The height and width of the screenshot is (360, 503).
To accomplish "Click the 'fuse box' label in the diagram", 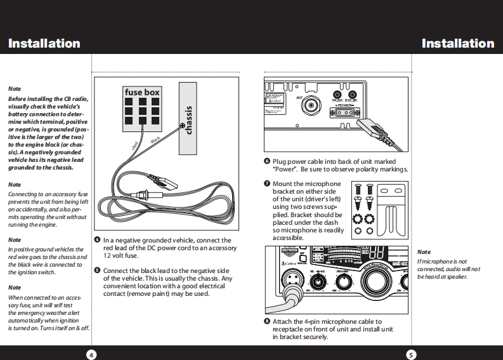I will pyautogui.click(x=141, y=93).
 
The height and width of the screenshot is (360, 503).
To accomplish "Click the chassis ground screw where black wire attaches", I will pyautogui.click(x=183, y=127).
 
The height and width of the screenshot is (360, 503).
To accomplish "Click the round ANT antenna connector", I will pyautogui.click(x=311, y=105).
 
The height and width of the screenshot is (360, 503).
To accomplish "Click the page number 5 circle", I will pyautogui.click(x=411, y=354).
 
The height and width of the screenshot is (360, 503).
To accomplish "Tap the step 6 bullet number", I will pyautogui.click(x=267, y=162).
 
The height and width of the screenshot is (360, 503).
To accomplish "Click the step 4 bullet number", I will pyautogui.click(x=97, y=241).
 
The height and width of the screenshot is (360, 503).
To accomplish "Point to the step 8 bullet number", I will pyautogui.click(x=267, y=322).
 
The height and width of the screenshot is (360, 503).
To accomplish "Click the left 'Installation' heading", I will pyautogui.click(x=44, y=44).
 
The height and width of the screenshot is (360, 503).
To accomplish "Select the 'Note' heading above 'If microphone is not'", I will pyautogui.click(x=423, y=253).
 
